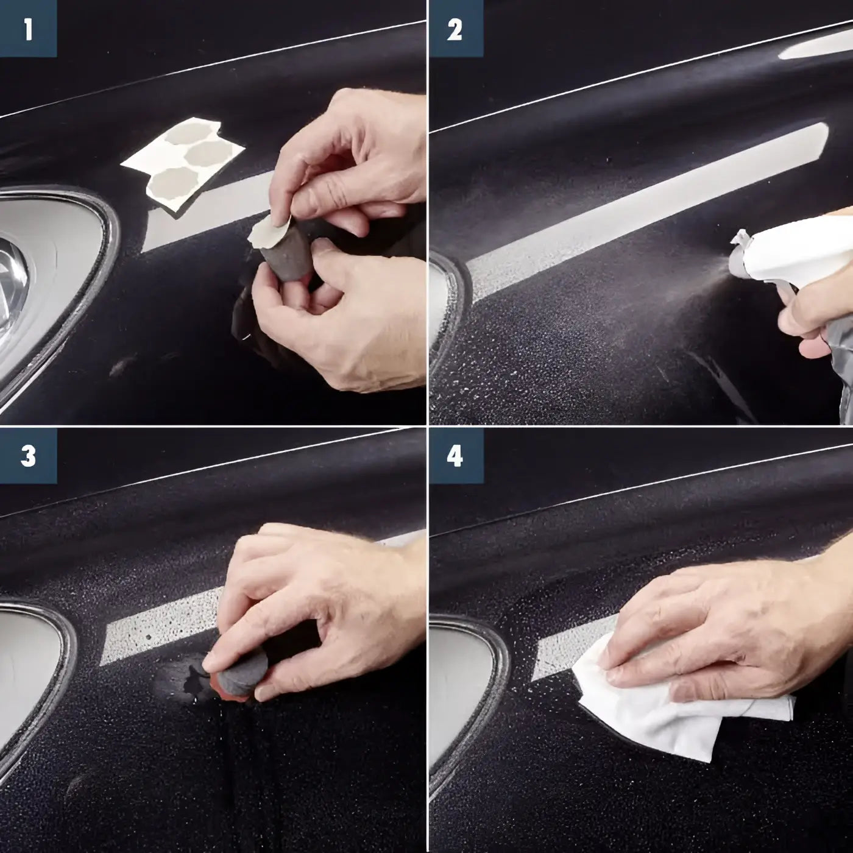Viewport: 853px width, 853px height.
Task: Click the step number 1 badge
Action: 28,28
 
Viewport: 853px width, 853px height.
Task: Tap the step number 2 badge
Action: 456,28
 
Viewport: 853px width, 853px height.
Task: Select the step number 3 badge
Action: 28,456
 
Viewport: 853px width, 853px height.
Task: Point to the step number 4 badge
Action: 456,456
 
